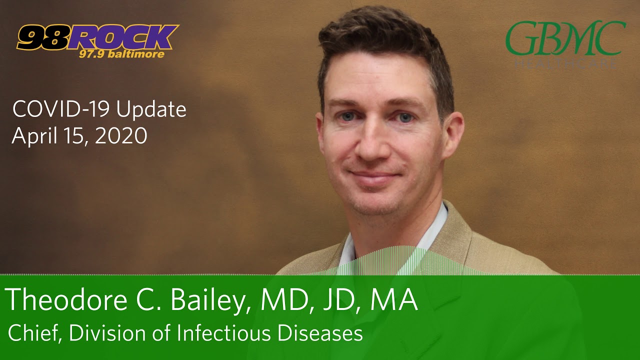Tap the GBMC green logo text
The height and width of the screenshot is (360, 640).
click(565, 38)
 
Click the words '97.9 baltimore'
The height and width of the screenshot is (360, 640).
click(121, 54)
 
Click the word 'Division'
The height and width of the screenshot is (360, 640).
click(103, 333)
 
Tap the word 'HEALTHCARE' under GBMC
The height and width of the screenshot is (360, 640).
click(565, 64)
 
